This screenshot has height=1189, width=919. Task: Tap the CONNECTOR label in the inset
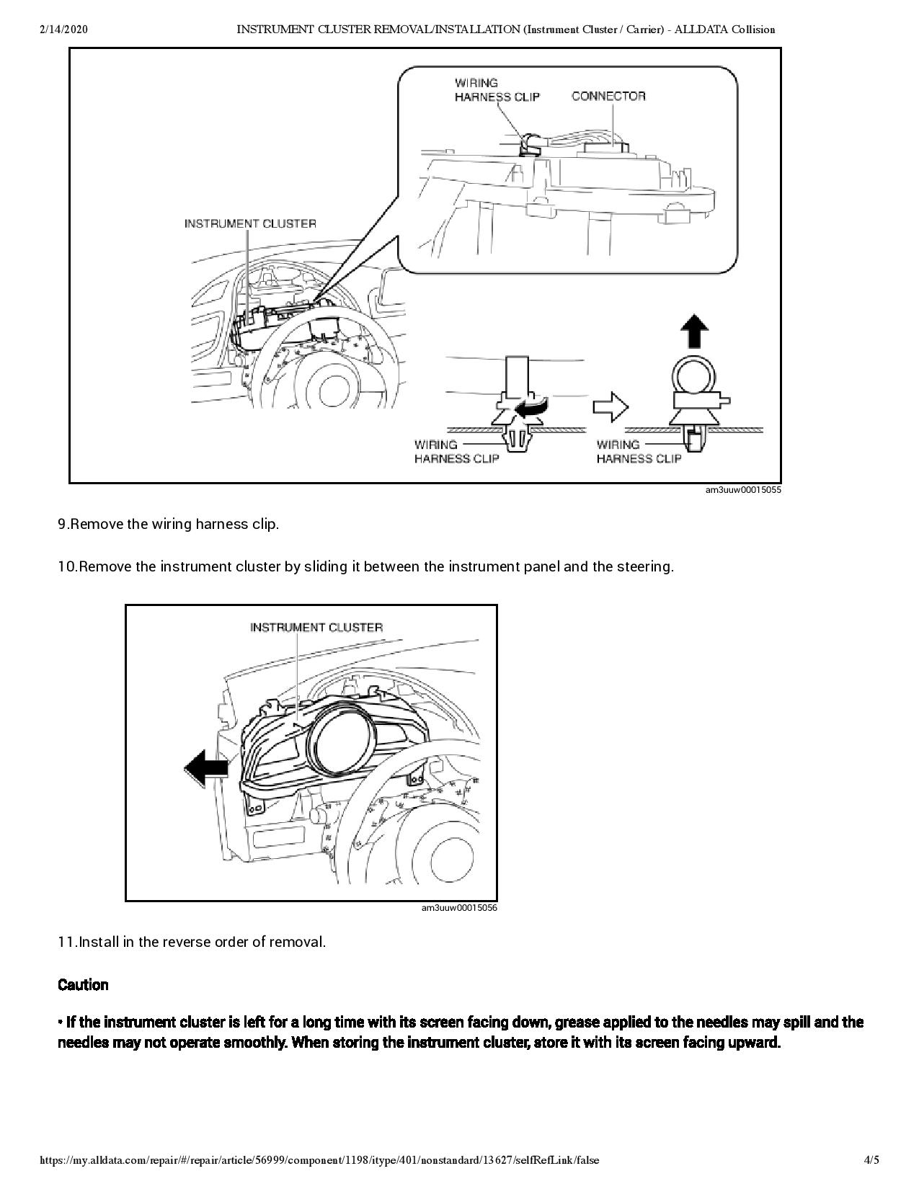click(x=608, y=96)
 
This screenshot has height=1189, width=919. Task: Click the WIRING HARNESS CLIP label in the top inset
click(x=497, y=90)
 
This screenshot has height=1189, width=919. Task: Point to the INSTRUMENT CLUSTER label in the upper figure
click(x=250, y=223)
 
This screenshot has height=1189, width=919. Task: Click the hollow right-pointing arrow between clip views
click(x=610, y=407)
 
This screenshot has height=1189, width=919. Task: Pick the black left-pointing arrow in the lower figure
click(x=206, y=767)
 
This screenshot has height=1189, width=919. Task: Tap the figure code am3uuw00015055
click(x=742, y=490)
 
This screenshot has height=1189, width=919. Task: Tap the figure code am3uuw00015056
click(x=459, y=908)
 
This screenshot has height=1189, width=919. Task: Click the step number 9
click(x=63, y=525)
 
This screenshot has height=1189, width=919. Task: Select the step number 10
click(x=67, y=566)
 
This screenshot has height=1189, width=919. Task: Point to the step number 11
click(x=67, y=942)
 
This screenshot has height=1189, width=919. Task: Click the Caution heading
click(x=83, y=985)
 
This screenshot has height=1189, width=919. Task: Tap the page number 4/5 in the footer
click(x=871, y=1160)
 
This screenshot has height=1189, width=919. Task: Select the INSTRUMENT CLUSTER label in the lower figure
click(x=316, y=627)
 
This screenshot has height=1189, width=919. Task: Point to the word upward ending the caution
click(x=755, y=1043)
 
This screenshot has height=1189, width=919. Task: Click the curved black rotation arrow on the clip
click(x=530, y=409)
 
